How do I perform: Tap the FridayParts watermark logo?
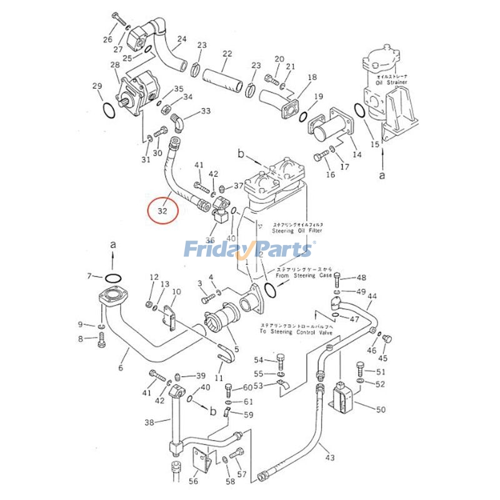[x=249, y=249]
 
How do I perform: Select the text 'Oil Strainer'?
[x=391, y=82]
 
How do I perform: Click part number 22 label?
[x=227, y=54]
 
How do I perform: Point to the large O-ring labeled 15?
[x=361, y=111]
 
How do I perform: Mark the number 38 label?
[x=149, y=422]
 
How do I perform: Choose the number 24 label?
[x=181, y=39]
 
